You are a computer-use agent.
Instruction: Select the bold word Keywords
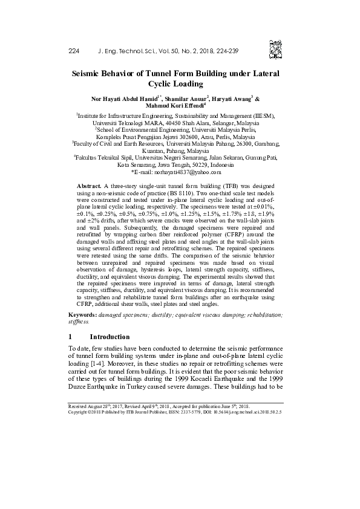[80, 316]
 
